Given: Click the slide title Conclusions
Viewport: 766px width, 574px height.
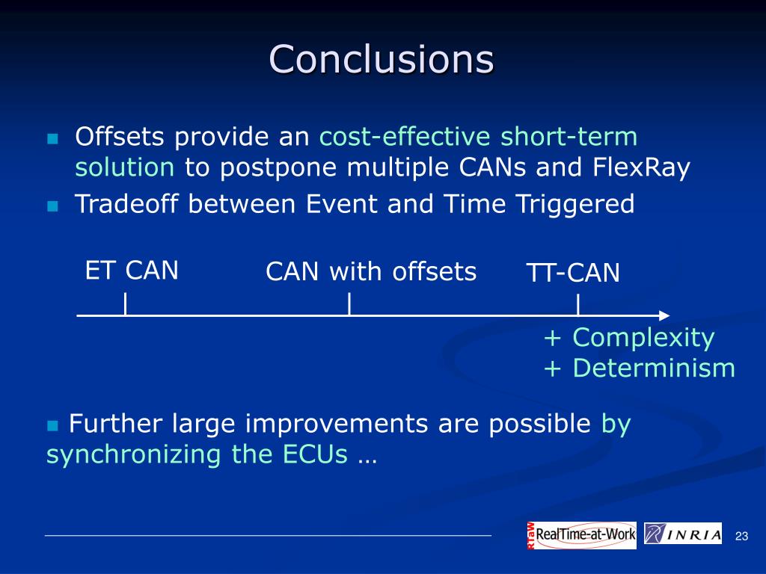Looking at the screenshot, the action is click(382, 59).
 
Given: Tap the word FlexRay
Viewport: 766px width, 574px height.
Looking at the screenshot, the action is click(641, 168).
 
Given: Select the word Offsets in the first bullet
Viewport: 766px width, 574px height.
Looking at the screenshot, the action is click(120, 136).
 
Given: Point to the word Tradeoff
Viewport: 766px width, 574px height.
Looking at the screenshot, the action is click(126, 203).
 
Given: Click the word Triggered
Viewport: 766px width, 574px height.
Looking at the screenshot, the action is click(575, 205).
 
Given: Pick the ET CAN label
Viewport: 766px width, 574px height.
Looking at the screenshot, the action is click(132, 270).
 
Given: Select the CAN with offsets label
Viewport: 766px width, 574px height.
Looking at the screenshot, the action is click(371, 271).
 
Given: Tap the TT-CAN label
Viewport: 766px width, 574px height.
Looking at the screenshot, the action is click(573, 272).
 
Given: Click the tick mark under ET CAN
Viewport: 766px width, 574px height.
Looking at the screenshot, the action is click(126, 303).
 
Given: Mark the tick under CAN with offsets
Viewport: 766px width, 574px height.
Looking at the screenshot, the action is click(349, 303).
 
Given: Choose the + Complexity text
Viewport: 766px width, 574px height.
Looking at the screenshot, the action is click(629, 337).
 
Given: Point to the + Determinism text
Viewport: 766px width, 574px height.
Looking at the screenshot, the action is click(640, 368).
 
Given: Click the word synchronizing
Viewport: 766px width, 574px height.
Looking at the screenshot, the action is click(133, 455).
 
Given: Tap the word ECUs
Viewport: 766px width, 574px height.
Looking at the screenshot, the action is click(315, 454).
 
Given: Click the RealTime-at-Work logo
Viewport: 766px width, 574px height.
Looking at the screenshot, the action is click(582, 535).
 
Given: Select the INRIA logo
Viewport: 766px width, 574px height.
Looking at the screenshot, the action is click(683, 534).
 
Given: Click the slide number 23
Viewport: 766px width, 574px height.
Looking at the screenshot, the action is click(741, 536).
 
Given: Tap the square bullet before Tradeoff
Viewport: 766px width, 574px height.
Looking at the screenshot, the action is click(52, 206).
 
